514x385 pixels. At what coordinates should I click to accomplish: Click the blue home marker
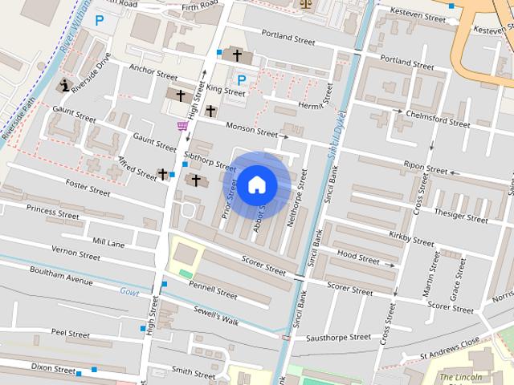(x=256, y=184)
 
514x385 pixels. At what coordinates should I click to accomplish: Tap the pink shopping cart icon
(x=182, y=125)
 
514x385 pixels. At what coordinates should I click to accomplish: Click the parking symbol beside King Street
(x=242, y=79)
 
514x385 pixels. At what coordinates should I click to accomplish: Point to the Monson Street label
(x=251, y=128)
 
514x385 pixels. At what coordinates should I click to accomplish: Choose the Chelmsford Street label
(x=438, y=119)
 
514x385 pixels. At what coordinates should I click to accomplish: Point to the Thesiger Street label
(x=460, y=215)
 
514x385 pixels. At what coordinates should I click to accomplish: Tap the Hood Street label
(x=358, y=257)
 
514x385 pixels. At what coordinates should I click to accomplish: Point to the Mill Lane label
(x=108, y=241)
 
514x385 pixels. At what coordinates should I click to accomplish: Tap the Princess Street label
(x=53, y=212)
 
